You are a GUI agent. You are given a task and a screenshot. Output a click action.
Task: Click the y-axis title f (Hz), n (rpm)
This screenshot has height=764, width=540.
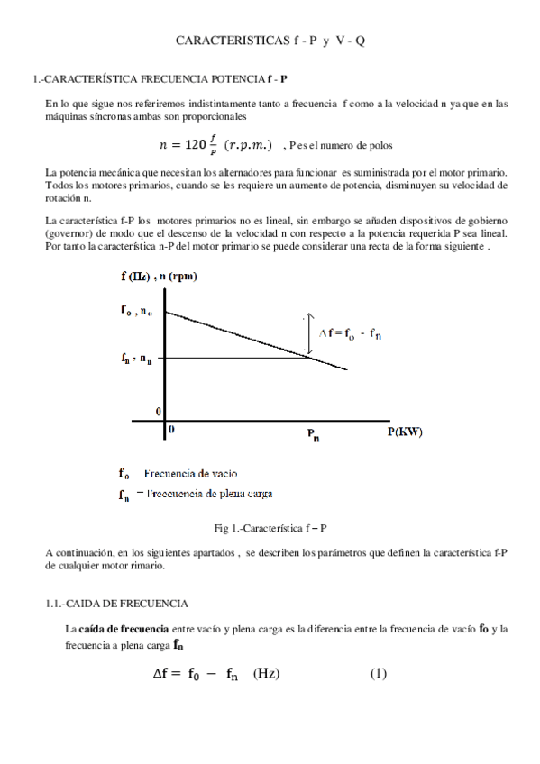[x=159, y=276]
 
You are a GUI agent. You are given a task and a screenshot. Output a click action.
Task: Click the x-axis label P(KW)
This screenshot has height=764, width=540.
[x=405, y=432]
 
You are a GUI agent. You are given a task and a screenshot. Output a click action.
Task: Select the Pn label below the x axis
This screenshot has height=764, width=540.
[x=313, y=435]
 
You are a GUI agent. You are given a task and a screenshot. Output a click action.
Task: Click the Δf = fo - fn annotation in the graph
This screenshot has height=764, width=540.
[x=347, y=332]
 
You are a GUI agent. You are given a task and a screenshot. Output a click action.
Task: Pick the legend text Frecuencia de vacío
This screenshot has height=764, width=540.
[x=191, y=473]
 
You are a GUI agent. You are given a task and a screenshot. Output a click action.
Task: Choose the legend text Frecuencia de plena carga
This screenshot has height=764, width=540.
[x=209, y=493]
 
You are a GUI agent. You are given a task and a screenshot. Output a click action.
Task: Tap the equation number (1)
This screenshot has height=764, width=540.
[x=379, y=674]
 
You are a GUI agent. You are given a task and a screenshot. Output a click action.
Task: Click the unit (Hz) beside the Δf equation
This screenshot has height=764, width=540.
[x=267, y=674]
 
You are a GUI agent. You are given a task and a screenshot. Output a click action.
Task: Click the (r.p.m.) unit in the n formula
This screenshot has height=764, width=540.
[x=247, y=144]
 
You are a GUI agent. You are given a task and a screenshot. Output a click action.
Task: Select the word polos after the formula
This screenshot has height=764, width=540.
[x=378, y=145]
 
